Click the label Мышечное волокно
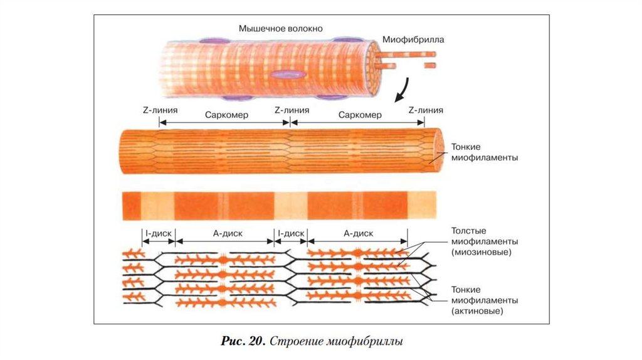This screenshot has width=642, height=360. (280, 28)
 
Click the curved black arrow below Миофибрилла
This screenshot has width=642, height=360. (402, 90)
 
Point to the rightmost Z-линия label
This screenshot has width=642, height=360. (426, 110)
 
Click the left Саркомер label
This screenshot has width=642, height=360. (227, 115)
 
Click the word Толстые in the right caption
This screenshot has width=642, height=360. (469, 230)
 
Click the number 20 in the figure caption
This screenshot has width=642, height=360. (253, 342)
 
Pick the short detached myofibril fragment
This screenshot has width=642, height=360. (429, 65)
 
